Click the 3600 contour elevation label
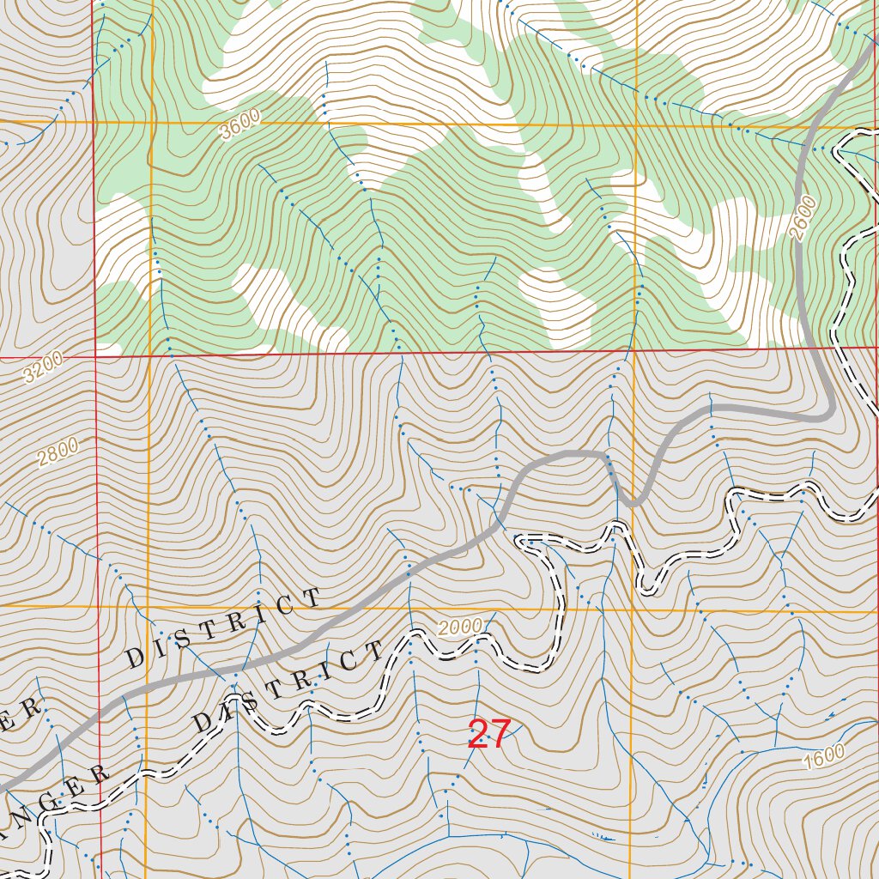tap(239, 127)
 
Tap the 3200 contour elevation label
tap(44, 369)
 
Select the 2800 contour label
tap(58, 452)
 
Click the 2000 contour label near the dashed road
tap(458, 627)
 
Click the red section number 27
tap(489, 735)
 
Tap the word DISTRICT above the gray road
tap(224, 628)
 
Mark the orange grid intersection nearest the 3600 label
tap(150, 124)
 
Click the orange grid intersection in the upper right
tap(637, 125)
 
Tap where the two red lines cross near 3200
tap(94, 355)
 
